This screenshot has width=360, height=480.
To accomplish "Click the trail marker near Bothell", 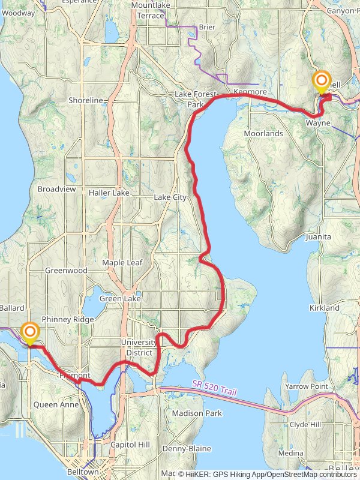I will coord(322,81).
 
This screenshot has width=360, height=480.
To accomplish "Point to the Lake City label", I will coord(170,197).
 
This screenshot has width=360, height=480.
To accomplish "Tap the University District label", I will coord(137,347).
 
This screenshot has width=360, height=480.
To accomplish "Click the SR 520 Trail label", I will coord(214,388).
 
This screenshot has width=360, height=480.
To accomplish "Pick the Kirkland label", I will coord(325,308).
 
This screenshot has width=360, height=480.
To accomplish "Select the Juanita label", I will coord(318,237).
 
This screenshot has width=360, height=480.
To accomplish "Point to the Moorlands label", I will coord(263,133).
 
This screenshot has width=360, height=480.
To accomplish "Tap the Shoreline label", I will coord(86,100).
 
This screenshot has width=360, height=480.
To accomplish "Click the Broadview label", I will coord(57,188).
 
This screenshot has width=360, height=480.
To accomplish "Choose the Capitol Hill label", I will coord(129,445).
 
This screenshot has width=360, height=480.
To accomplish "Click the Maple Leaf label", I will coord(122,263).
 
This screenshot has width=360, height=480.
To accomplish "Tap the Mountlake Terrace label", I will coord(151,10).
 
